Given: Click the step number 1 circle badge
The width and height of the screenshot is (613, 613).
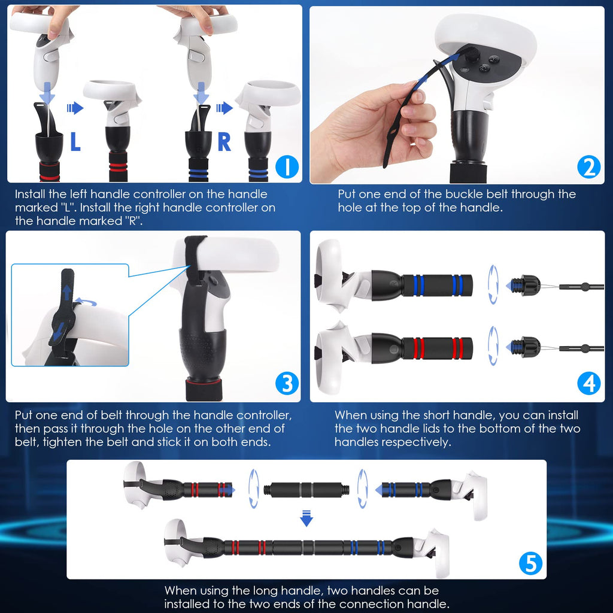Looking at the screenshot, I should click(289, 168).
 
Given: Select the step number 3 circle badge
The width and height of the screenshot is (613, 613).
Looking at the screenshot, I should click(287, 384).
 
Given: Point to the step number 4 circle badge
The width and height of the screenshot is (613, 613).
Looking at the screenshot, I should click(588, 384).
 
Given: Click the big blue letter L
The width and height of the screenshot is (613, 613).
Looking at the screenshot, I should click(75, 142).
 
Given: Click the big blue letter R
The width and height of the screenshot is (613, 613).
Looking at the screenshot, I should click(224, 142).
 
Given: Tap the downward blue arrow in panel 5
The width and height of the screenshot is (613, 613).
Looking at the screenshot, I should click(306, 518).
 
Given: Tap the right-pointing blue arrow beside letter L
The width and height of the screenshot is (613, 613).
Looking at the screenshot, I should click(75, 108).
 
